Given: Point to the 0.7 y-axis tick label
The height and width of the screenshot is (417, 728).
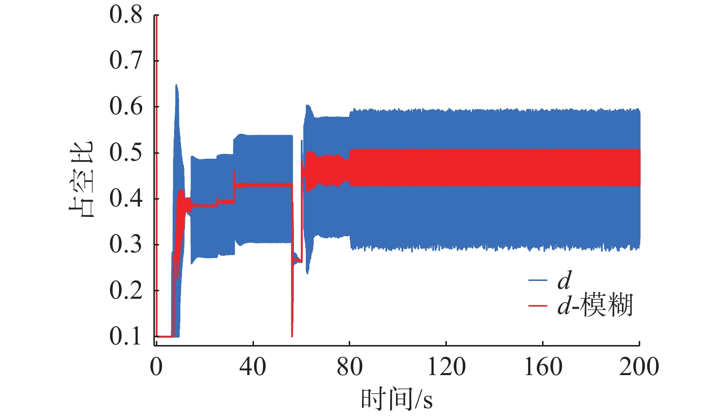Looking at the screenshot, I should [x=126, y=61].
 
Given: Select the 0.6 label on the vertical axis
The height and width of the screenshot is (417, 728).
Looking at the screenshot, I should [x=126, y=106].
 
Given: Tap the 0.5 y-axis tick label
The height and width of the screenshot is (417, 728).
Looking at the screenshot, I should [x=126, y=153].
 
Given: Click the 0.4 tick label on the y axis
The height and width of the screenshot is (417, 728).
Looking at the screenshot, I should [x=126, y=199].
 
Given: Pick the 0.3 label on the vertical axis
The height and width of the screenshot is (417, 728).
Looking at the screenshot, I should [x=126, y=244].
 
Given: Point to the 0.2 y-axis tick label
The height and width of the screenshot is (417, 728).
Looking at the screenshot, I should [x=126, y=290].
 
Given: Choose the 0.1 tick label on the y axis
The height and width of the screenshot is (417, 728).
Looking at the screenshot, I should [x=126, y=336].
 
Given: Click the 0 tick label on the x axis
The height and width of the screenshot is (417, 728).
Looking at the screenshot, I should [x=156, y=367].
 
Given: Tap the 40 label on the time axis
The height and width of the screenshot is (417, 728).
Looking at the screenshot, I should [x=253, y=367].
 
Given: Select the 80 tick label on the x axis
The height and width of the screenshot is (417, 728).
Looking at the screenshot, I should [x=349, y=367].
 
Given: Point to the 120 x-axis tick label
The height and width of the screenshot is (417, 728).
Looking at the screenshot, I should [x=446, y=367].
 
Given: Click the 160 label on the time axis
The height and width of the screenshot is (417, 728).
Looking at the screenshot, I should [x=543, y=367].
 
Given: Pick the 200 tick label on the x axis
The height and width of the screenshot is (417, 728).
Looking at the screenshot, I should [x=639, y=367].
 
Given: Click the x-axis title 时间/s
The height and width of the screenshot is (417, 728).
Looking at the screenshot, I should [x=397, y=399].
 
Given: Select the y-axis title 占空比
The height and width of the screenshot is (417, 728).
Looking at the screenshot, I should [x=80, y=179].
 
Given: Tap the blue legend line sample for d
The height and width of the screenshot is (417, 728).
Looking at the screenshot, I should [x=538, y=280].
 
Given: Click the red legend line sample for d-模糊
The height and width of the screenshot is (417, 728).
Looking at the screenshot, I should [x=538, y=306].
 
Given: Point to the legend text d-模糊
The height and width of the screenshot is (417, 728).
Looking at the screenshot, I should [x=595, y=306].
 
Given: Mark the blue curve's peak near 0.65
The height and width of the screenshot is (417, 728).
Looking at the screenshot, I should [x=176, y=86].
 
